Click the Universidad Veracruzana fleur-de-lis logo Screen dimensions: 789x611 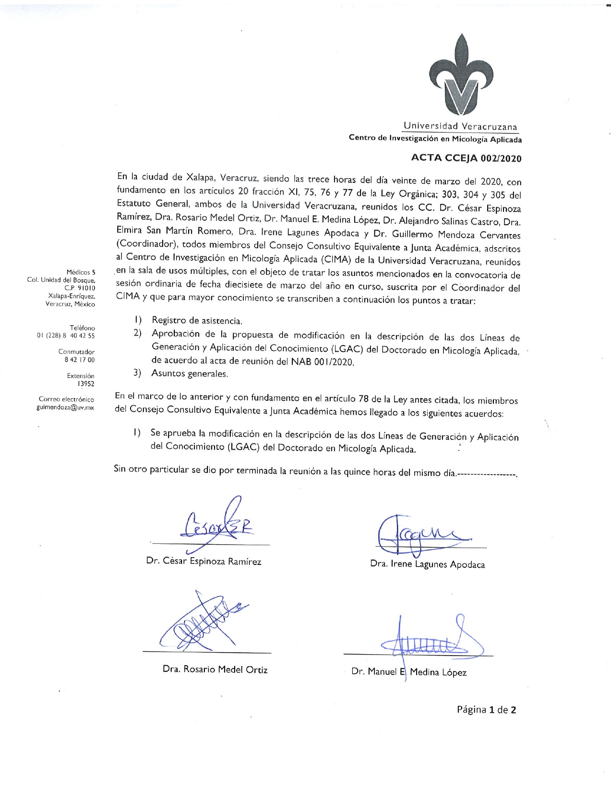point(461,74)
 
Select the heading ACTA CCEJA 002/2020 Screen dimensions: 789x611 point(466,158)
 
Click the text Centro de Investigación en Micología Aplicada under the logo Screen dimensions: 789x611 point(435,139)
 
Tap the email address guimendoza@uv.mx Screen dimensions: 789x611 point(65,407)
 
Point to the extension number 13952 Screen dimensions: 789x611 point(86,383)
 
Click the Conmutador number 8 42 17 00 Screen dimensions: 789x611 point(80,359)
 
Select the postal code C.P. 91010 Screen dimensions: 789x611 point(80,288)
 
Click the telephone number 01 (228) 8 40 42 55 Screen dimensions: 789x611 point(66,335)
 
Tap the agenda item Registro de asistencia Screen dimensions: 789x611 point(197,320)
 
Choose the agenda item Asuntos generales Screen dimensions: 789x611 point(190,373)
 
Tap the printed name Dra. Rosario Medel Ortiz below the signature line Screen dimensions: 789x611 point(215,669)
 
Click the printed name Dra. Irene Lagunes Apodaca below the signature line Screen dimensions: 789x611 point(427,564)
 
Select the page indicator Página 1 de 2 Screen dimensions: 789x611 point(486,710)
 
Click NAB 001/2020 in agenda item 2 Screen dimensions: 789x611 point(322,362)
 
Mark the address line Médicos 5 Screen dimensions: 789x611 point(81,272)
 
